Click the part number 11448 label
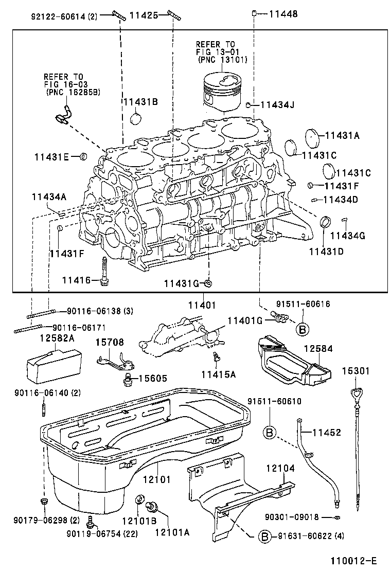282,14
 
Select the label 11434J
277,105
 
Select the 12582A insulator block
53,365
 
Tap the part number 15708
109,342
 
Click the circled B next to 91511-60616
303,329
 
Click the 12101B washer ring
139,500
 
